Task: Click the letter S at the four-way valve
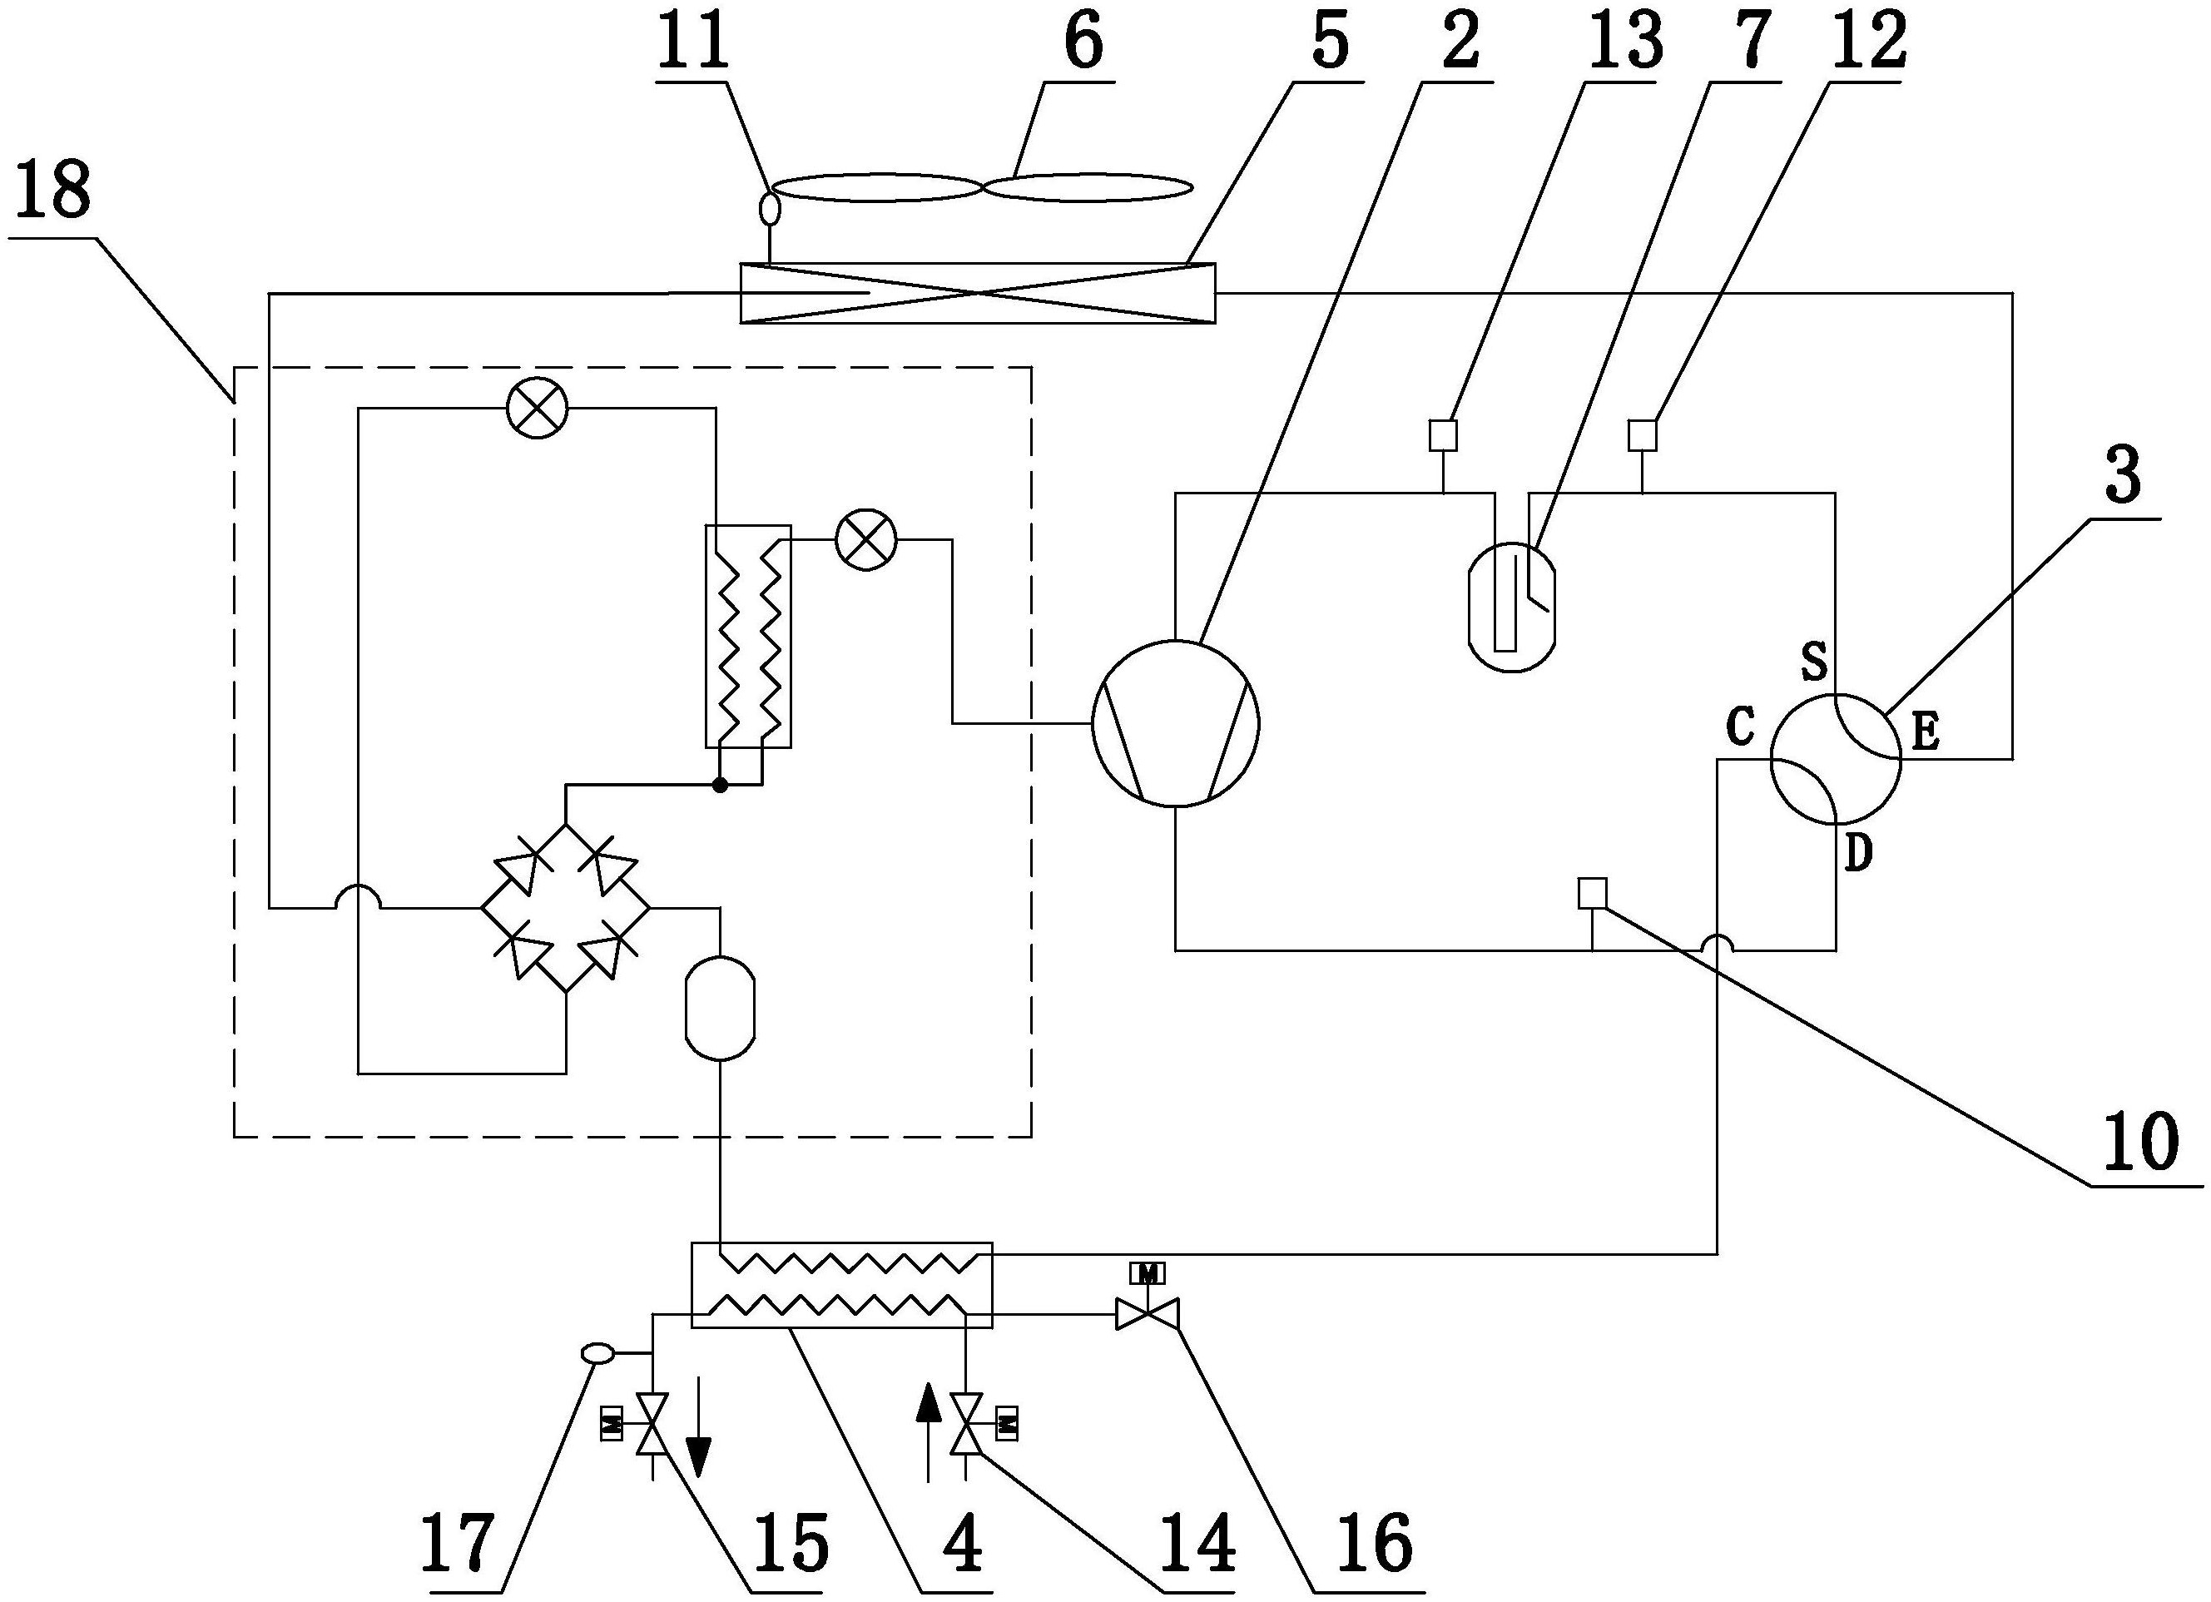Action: (1813, 662)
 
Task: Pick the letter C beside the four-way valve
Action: (1740, 727)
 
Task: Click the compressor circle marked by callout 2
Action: (1175, 722)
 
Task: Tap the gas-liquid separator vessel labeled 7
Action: (1511, 607)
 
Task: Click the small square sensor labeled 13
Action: (1443, 435)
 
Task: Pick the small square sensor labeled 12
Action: (1643, 435)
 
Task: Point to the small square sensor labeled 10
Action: (1592, 892)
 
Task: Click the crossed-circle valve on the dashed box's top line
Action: (538, 409)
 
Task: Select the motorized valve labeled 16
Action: (1148, 1313)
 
